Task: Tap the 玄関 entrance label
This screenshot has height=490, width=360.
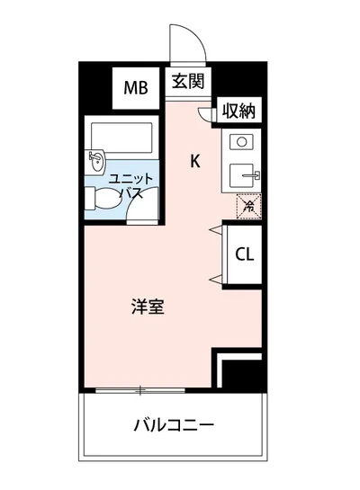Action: pyautogui.click(x=188, y=81)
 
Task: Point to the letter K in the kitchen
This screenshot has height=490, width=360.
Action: pyautogui.click(x=193, y=162)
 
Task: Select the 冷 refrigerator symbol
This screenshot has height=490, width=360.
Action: pyautogui.click(x=247, y=207)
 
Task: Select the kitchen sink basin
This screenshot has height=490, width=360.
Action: pyautogui.click(x=244, y=174)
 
